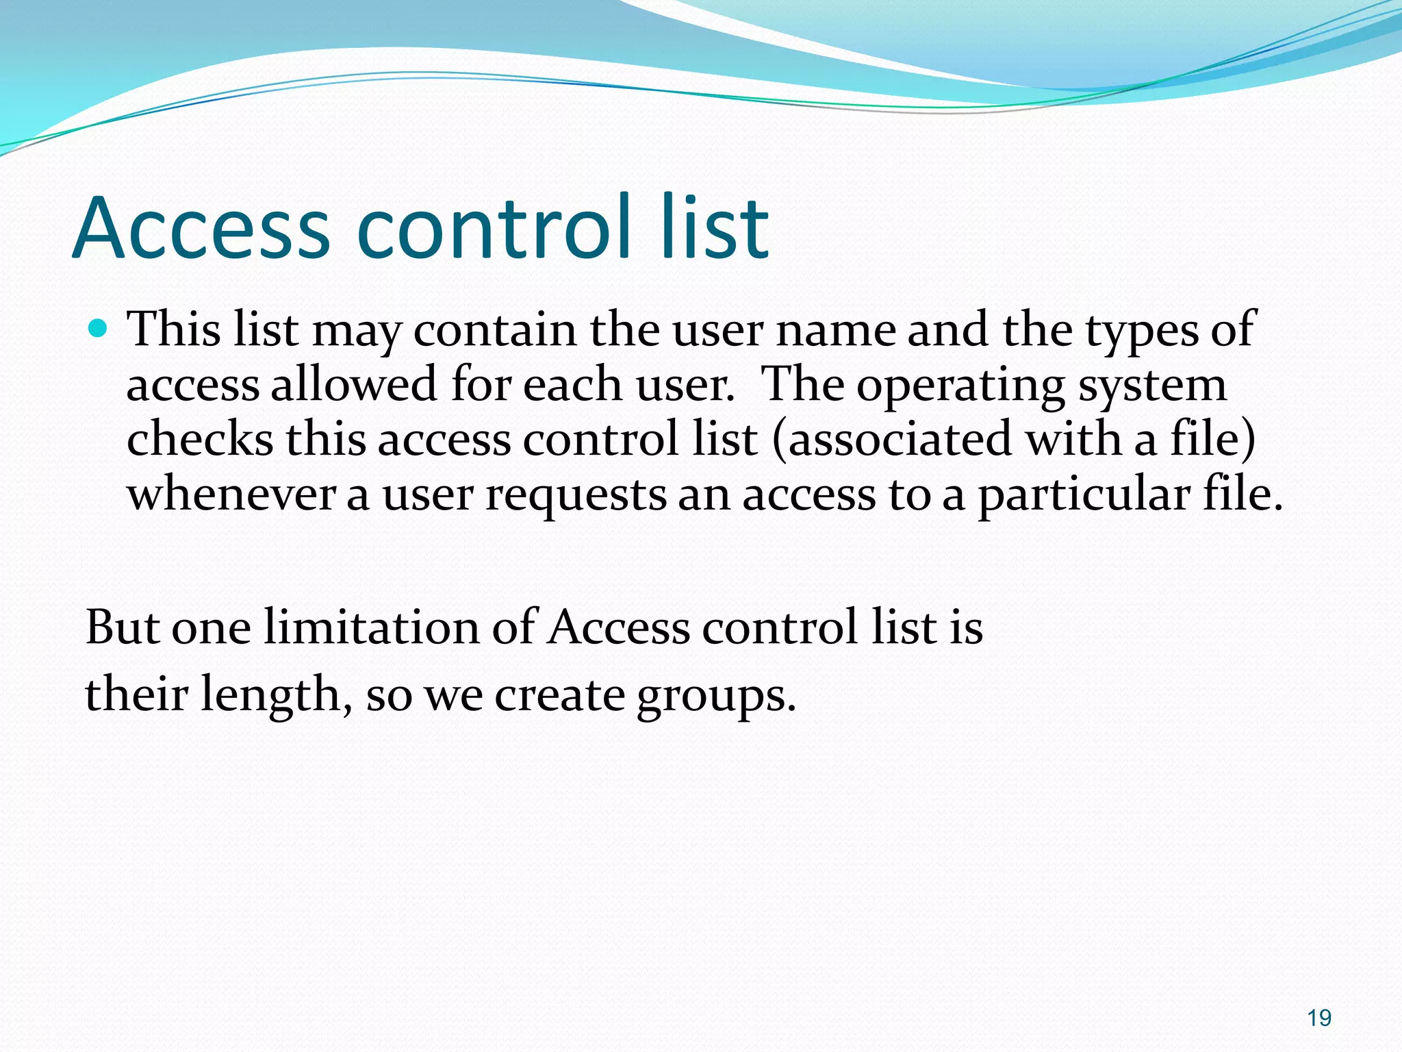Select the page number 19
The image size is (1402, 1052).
click(x=1318, y=1018)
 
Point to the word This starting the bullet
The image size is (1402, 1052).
click(x=175, y=329)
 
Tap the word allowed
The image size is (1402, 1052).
click(x=354, y=384)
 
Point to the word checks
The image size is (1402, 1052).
click(x=200, y=439)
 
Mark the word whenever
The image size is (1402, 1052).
click(x=231, y=494)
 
